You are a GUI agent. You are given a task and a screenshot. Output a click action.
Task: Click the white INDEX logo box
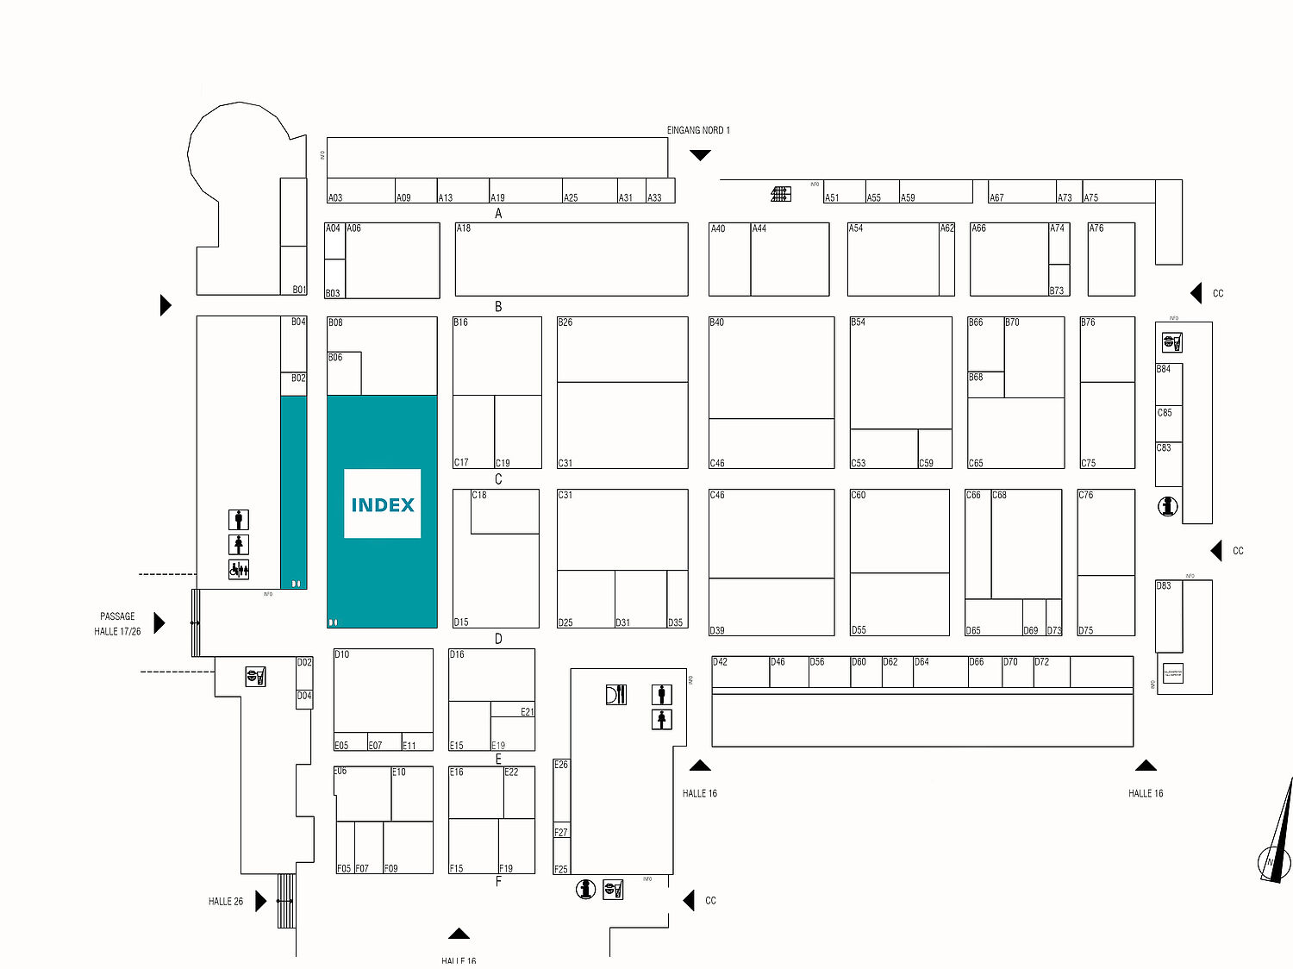(x=382, y=503)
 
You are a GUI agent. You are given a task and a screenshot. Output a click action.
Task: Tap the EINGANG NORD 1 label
(x=698, y=130)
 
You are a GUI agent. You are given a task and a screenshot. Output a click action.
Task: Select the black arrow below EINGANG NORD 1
(x=700, y=155)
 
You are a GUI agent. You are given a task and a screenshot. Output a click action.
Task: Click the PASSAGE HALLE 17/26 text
(x=117, y=623)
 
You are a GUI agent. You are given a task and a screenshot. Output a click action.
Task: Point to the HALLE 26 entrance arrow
(x=260, y=902)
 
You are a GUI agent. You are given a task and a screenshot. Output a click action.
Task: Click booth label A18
(x=464, y=228)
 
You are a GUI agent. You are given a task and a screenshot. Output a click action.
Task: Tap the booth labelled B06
(x=335, y=358)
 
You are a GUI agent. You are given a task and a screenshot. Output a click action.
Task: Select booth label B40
(x=717, y=322)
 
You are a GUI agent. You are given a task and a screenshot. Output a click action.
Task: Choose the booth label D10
(x=342, y=654)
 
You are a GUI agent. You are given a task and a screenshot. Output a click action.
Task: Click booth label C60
(x=859, y=495)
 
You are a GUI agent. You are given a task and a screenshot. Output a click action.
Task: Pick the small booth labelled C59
(x=926, y=463)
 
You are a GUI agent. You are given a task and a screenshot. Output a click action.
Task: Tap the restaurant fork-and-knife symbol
(x=615, y=694)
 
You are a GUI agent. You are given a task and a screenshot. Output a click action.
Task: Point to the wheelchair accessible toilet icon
(x=239, y=569)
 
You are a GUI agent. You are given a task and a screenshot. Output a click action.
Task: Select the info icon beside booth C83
(x=1168, y=506)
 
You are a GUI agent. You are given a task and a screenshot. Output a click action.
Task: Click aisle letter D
(x=498, y=639)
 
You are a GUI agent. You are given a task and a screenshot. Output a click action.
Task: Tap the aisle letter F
(x=498, y=881)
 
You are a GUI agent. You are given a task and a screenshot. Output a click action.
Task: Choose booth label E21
(x=527, y=711)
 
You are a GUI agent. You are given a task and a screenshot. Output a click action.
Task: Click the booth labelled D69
(x=1031, y=630)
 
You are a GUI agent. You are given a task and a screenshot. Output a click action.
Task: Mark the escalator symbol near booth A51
(x=780, y=194)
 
